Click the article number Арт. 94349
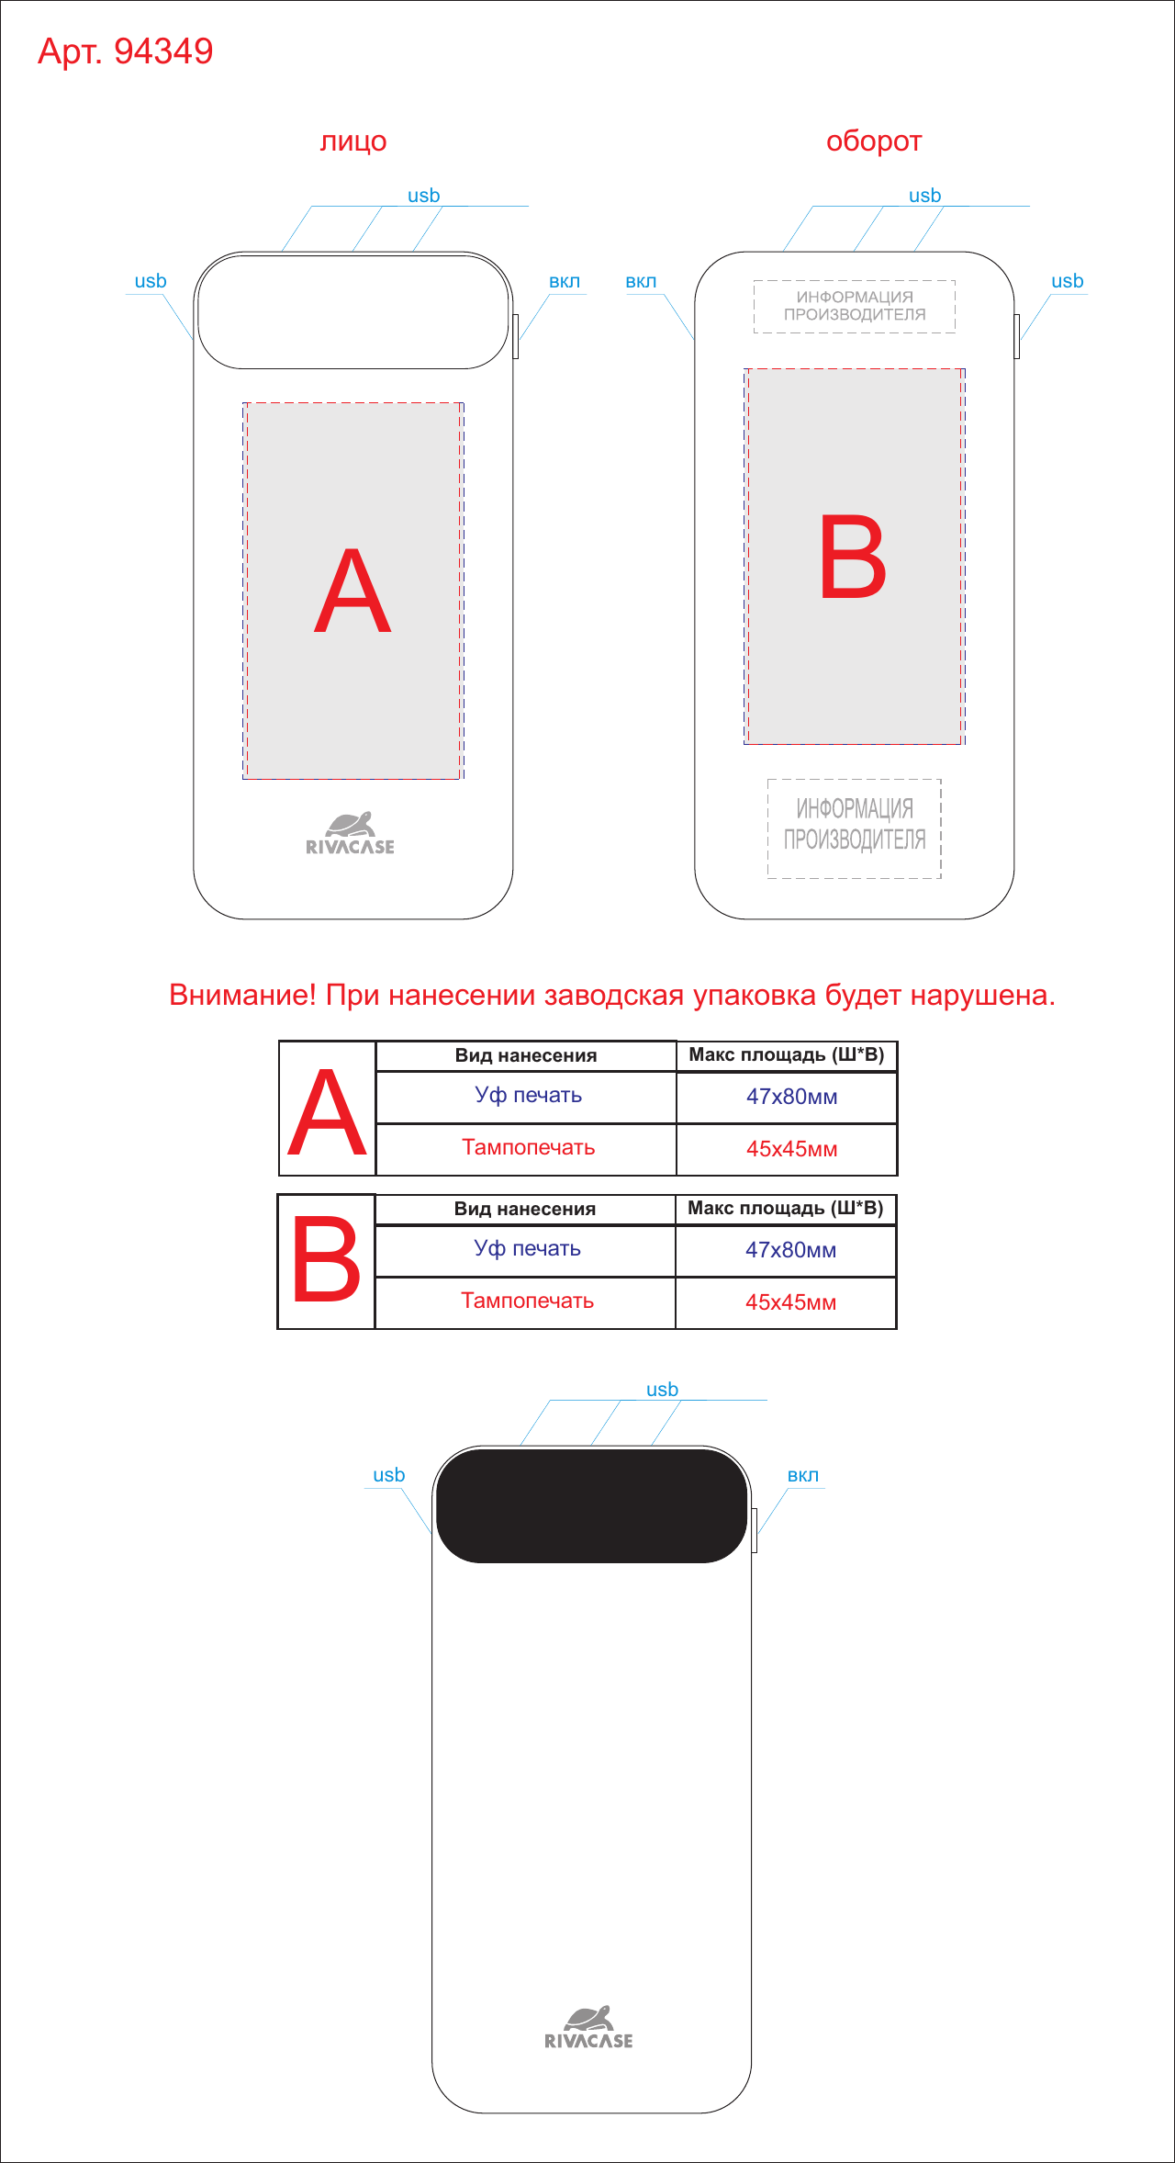[x=125, y=51]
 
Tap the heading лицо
[x=353, y=141]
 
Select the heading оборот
[x=873, y=141]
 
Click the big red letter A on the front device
[x=352, y=591]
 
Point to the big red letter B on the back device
[x=853, y=557]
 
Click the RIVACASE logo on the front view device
[x=350, y=833]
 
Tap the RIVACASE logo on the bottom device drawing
[x=588, y=2027]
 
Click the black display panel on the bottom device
[x=591, y=1505]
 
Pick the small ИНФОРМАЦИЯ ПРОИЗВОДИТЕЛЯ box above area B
[x=855, y=307]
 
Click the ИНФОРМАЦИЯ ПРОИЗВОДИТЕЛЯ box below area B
[x=855, y=828]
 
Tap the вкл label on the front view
[x=565, y=281]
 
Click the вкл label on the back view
[x=641, y=281]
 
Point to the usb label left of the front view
[x=151, y=281]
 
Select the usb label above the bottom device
[x=662, y=1390]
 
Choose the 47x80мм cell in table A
[x=791, y=1097]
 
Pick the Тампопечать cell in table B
[x=527, y=1301]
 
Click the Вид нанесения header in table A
[x=526, y=1055]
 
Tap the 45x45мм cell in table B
[x=790, y=1302]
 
